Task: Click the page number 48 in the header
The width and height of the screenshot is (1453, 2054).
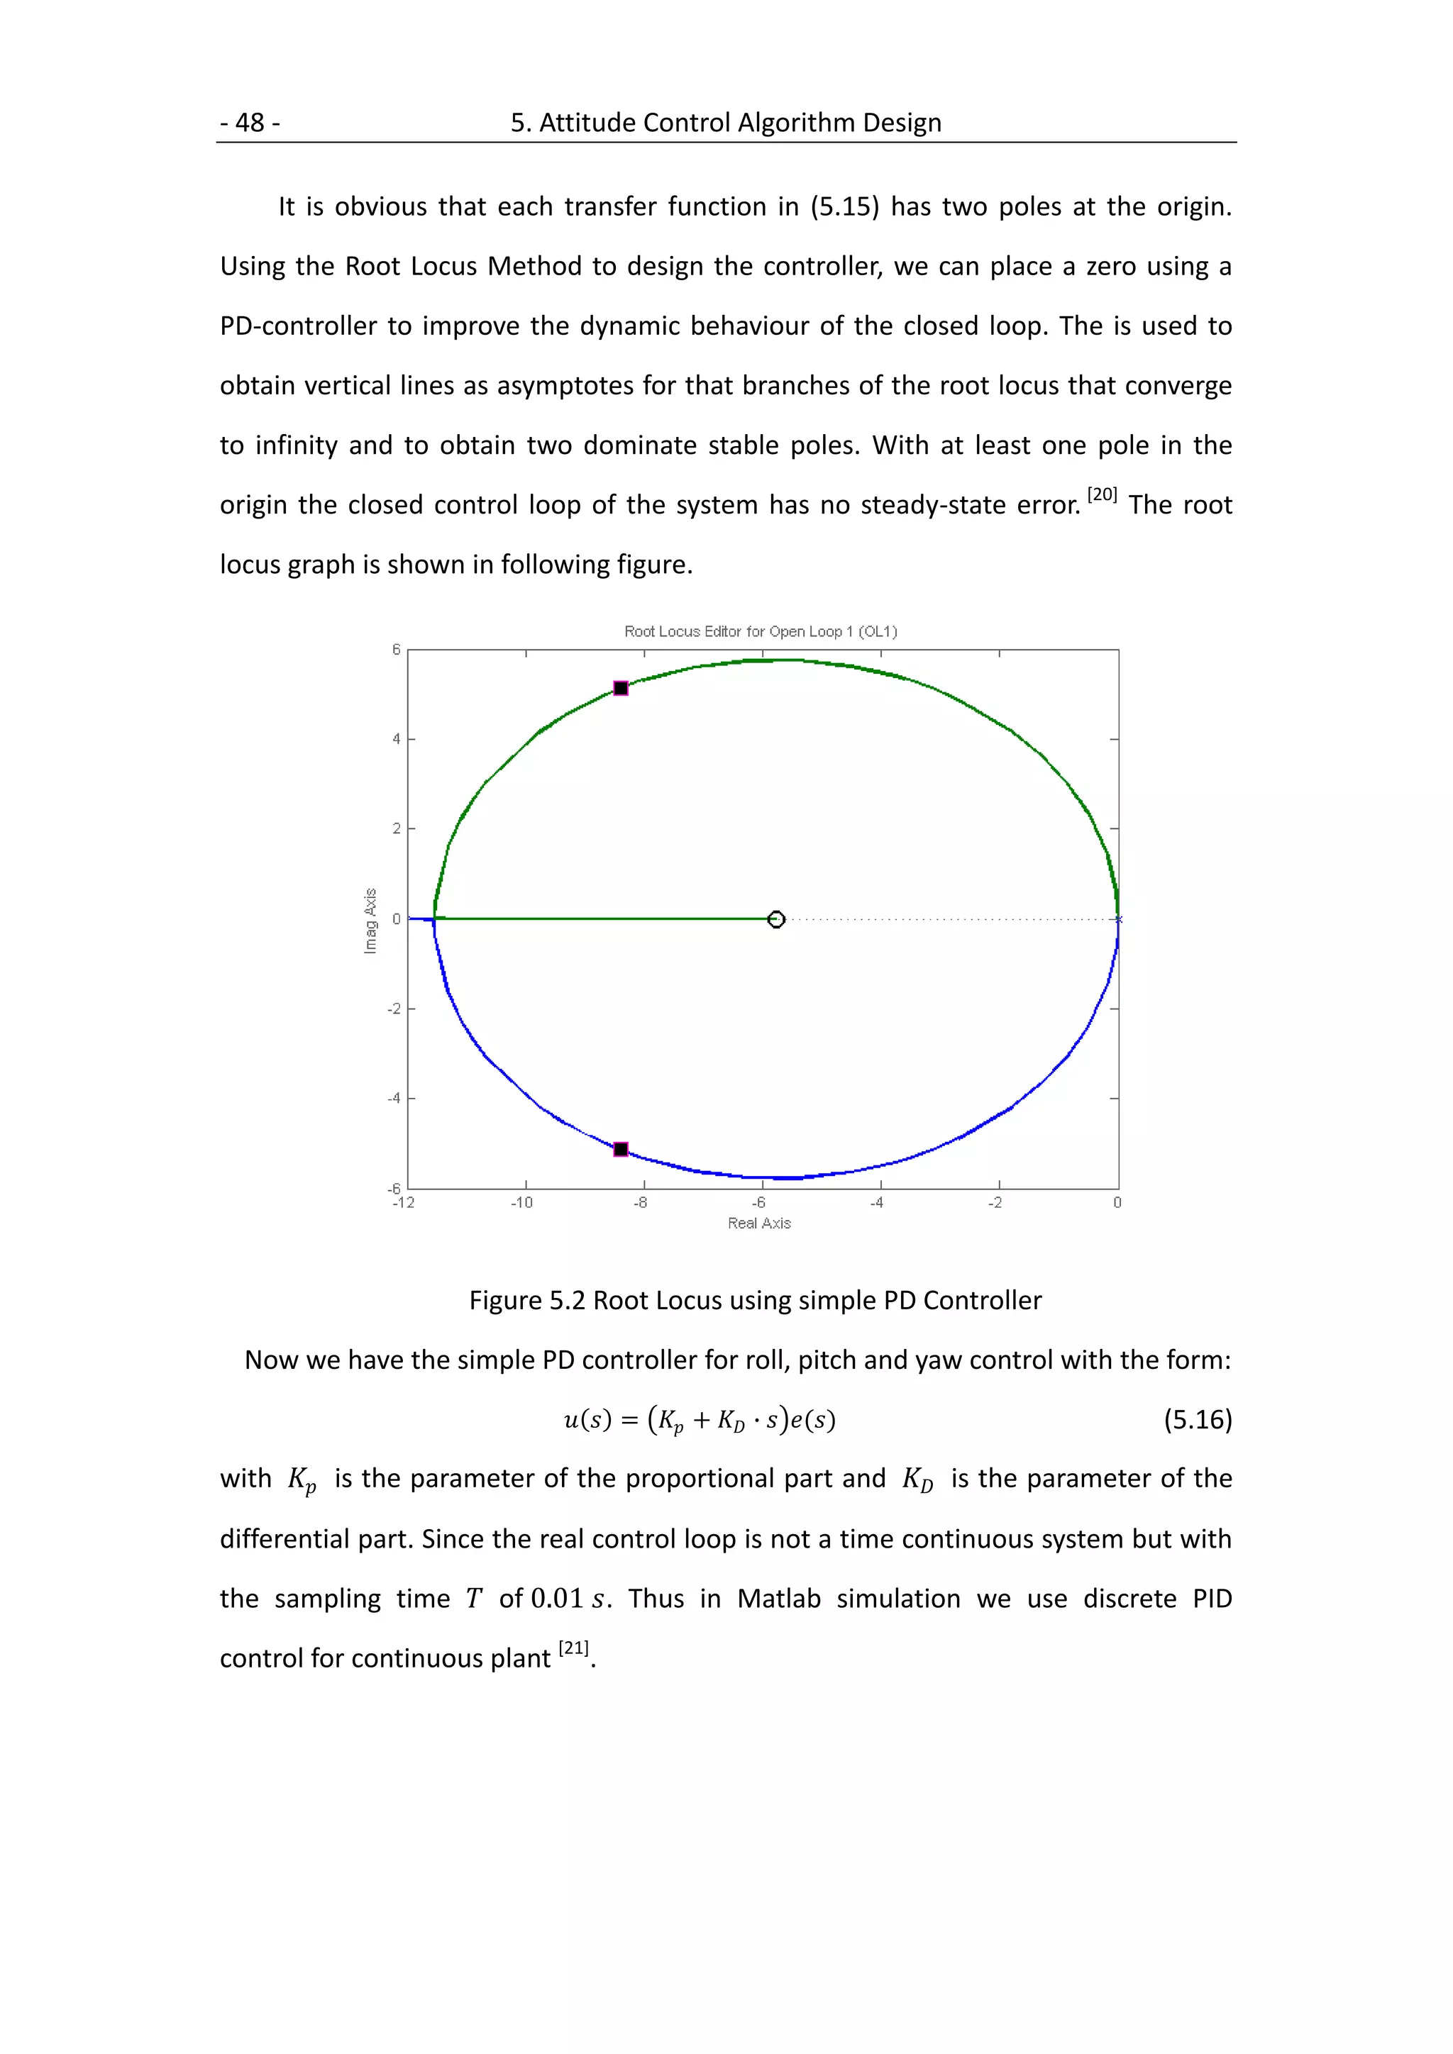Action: [250, 123]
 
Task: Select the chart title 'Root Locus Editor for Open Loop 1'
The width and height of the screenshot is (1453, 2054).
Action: [760, 631]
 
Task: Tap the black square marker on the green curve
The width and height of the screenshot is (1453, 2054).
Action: [621, 688]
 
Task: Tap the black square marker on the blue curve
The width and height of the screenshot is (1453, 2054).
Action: [621, 1149]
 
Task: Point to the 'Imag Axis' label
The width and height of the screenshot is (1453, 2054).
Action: [370, 921]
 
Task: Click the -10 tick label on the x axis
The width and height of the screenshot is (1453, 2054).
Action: [521, 1203]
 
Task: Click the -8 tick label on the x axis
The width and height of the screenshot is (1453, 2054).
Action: [640, 1203]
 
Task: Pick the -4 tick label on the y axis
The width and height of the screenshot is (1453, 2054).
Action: [394, 1099]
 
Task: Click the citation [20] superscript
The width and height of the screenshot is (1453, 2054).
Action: [1103, 495]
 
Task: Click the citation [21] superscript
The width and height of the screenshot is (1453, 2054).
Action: [573, 1648]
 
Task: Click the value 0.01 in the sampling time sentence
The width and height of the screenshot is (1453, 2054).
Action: [556, 1599]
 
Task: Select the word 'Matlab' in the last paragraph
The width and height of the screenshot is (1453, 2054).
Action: [778, 1599]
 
